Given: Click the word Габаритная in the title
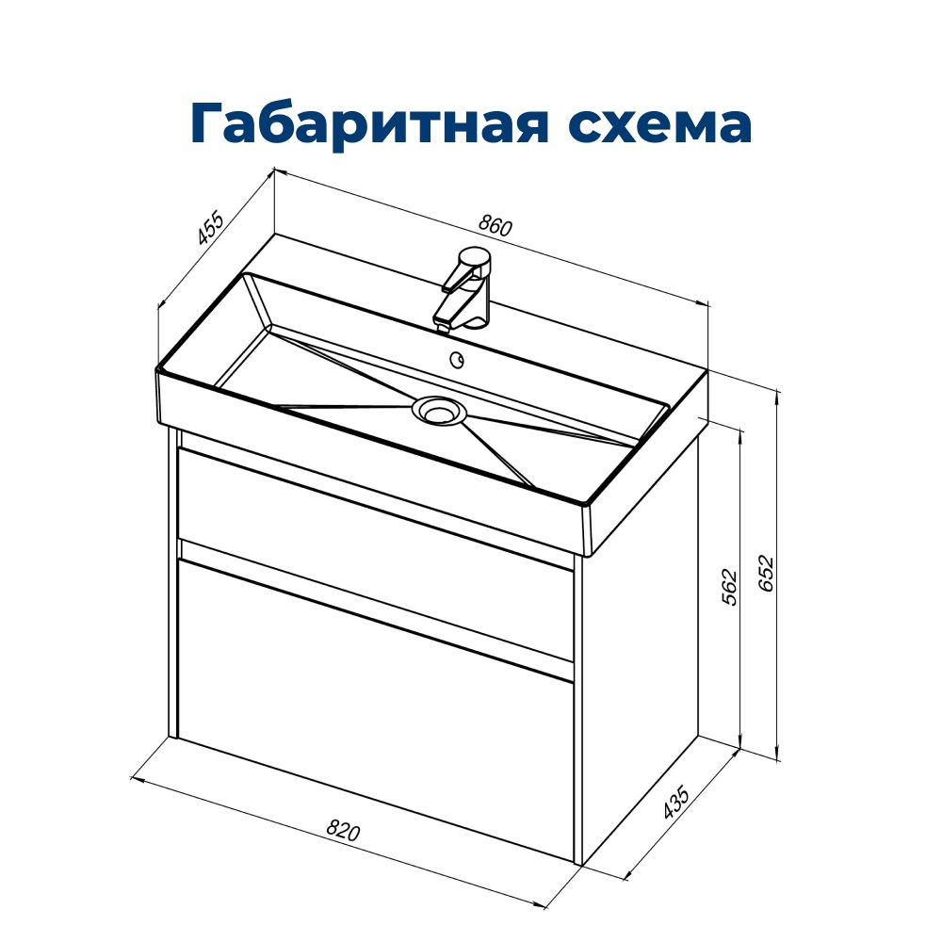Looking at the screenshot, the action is click(369, 123).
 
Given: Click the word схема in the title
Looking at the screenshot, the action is click(660, 123).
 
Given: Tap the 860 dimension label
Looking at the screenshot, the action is click(495, 225).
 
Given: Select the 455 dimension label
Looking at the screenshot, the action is click(211, 228).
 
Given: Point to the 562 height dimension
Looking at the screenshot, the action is click(729, 586).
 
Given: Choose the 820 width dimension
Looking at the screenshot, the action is click(343, 831).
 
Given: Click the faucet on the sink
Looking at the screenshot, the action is click(464, 289).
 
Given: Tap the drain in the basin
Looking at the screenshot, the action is click(438, 412).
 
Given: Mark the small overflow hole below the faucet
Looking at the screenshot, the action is click(457, 360).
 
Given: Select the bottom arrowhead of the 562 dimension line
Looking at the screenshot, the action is click(740, 741).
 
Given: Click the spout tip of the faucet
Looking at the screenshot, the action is click(443, 327).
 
